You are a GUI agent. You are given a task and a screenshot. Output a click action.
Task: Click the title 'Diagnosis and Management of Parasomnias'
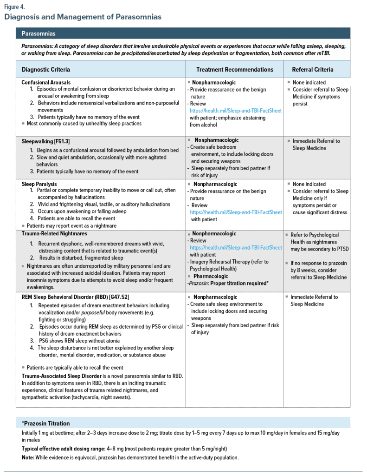point(83,17)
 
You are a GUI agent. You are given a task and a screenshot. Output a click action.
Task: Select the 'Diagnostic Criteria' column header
point(46,70)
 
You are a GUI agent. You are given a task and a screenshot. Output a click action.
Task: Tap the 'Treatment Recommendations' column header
point(235,70)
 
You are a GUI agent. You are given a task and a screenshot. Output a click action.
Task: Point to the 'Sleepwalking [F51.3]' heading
point(46,141)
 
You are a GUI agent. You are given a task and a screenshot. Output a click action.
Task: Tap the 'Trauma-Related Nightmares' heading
point(54,234)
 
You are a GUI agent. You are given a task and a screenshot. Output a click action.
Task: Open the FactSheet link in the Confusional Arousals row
point(235,111)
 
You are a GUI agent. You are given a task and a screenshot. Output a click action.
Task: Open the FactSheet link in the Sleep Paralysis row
point(235,212)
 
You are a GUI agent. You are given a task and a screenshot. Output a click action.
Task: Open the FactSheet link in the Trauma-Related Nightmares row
point(235,248)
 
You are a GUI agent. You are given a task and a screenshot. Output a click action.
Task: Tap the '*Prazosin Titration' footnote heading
point(46,423)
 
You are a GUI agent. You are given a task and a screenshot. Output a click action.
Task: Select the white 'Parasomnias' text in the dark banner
point(39,33)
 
